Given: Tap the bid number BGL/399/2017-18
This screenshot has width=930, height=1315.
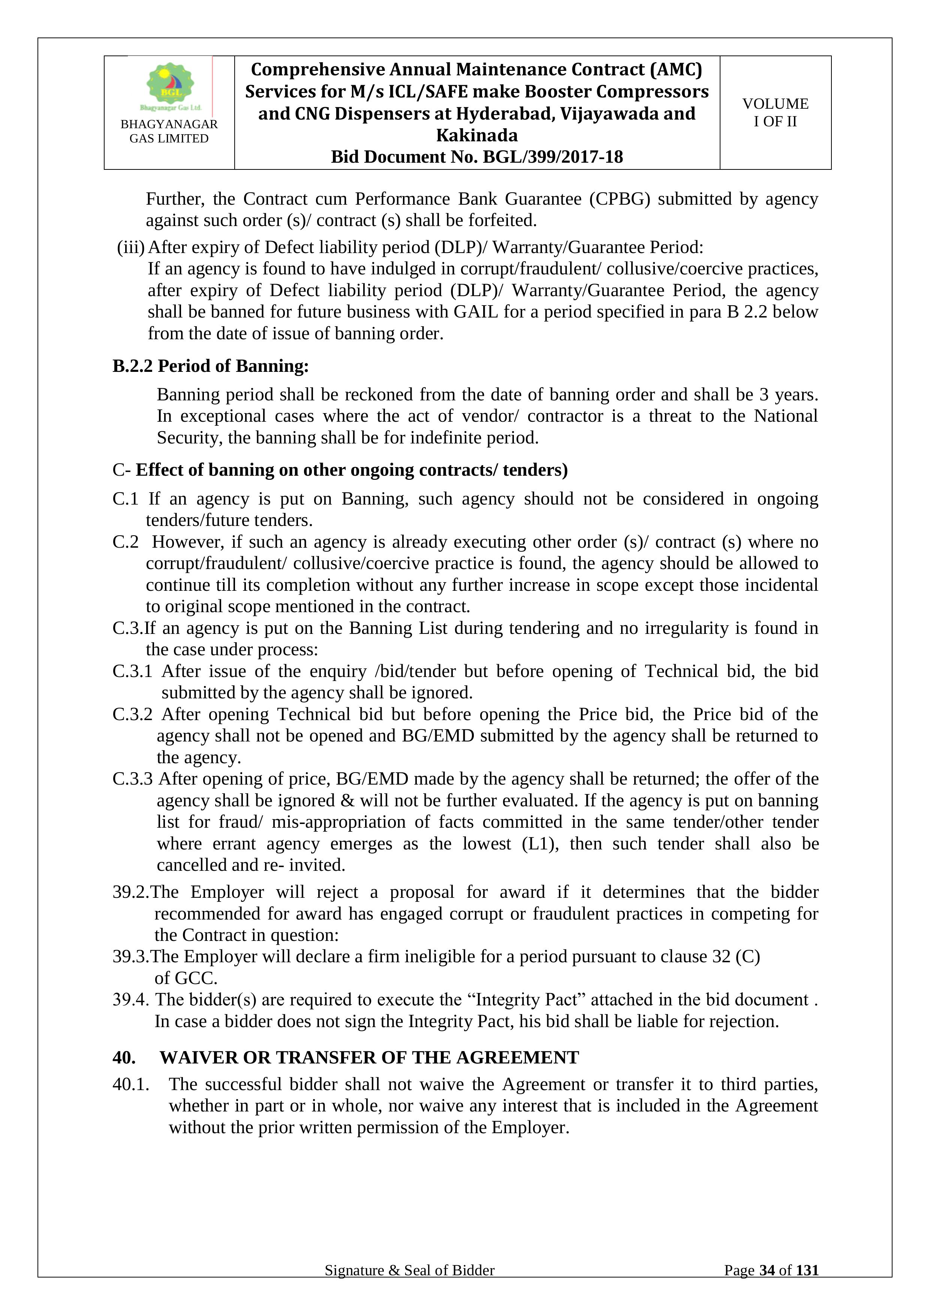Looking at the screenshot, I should [x=553, y=157].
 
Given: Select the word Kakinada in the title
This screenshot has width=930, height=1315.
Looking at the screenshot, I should [x=476, y=135].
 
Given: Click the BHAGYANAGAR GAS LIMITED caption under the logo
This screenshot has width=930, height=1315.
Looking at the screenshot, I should [x=169, y=131].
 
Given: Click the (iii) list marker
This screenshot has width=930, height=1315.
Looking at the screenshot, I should [x=131, y=247].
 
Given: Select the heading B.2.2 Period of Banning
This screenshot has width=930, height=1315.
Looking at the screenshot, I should [x=210, y=366].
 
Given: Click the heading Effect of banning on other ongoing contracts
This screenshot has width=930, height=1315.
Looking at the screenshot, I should [x=351, y=470].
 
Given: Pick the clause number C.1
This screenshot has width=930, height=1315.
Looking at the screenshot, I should [x=126, y=499].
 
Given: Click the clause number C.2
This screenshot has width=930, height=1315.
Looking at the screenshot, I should [x=126, y=542].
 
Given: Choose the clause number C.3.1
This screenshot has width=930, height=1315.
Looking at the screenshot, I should [x=132, y=671].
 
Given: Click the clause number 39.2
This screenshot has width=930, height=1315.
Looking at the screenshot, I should [x=130, y=892].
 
